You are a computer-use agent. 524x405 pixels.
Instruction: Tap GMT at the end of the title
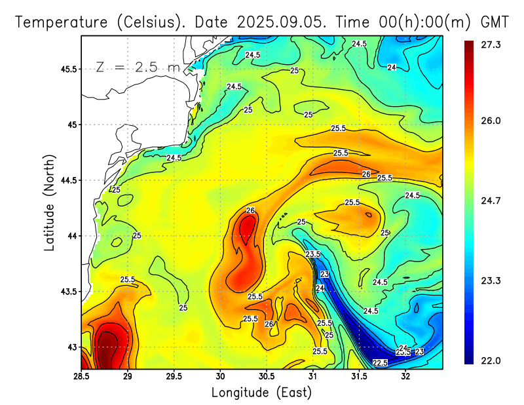click(495, 22)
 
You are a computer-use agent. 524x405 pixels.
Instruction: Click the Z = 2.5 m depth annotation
click(137, 67)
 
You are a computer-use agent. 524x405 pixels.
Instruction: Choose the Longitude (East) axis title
click(261, 393)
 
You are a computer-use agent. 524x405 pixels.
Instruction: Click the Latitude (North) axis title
click(49, 202)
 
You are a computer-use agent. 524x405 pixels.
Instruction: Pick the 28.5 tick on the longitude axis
click(81, 376)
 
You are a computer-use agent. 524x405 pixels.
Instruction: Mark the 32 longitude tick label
click(405, 376)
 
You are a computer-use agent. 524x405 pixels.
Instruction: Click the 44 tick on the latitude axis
click(72, 236)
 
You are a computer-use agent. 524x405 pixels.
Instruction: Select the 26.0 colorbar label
click(491, 121)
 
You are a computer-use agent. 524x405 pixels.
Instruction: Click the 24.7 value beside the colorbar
click(491, 201)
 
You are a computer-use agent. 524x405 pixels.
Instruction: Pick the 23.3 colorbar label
click(491, 280)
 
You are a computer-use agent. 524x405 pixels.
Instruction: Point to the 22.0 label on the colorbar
click(491, 360)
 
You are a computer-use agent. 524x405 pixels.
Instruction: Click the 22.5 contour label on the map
click(380, 363)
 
